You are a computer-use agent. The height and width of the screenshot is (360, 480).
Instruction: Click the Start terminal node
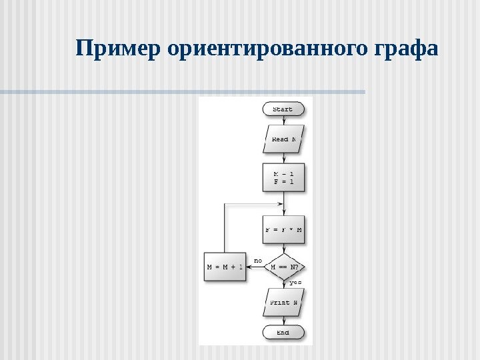point(284,109)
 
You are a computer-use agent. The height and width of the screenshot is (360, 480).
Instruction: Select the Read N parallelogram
point(284,139)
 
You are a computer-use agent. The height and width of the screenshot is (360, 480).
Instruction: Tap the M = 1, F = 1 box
point(284,177)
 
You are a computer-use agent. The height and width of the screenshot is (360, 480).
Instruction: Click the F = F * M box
point(284,230)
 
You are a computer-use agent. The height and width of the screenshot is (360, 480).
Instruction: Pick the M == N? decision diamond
point(284,267)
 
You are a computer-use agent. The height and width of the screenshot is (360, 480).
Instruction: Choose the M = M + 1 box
point(224,267)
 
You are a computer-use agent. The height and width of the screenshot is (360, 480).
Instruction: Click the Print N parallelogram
point(284,302)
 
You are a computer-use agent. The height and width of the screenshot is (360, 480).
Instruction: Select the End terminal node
point(284,332)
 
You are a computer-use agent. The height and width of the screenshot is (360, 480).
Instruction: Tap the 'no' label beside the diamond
point(258,260)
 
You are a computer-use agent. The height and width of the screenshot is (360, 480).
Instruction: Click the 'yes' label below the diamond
point(295,283)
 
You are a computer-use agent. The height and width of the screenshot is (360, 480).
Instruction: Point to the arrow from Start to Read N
point(284,121)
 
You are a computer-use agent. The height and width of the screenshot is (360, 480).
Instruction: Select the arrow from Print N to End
point(284,321)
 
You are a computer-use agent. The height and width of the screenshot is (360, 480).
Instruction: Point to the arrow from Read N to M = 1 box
point(284,157)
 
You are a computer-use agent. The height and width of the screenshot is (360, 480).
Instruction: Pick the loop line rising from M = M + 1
point(224,227)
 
